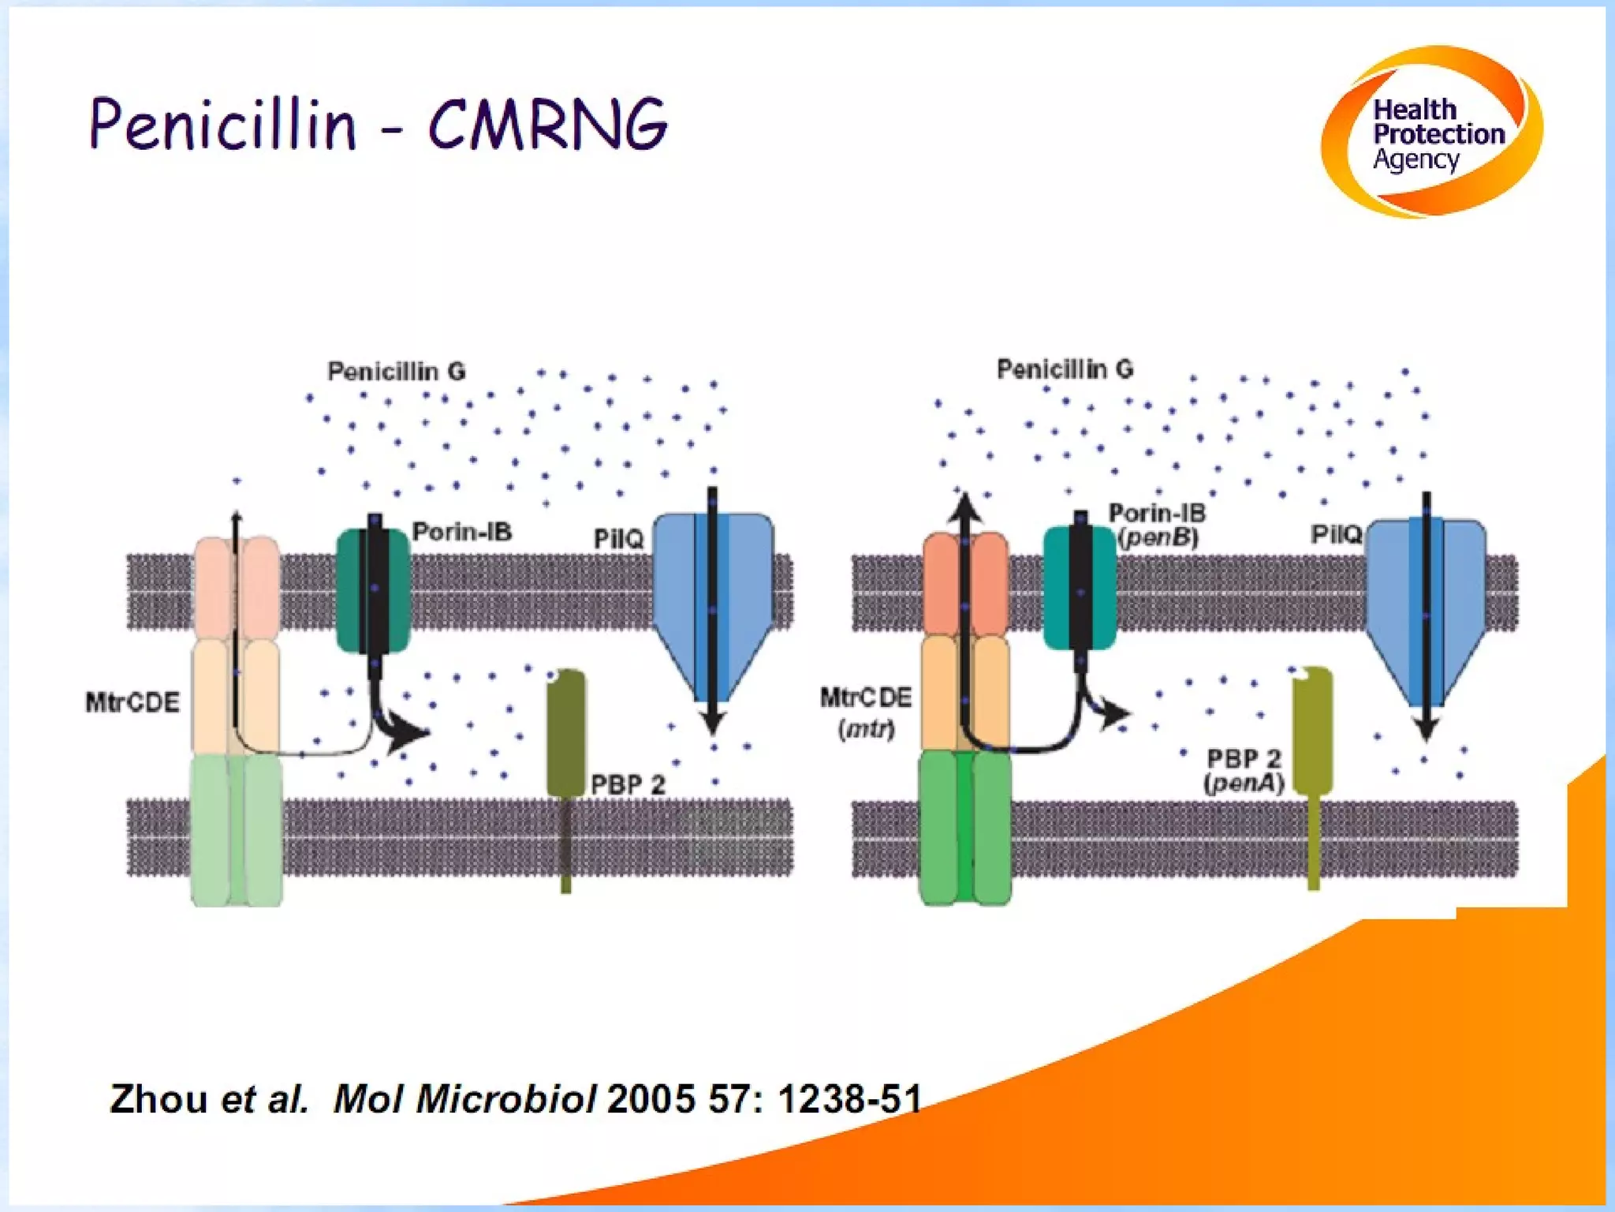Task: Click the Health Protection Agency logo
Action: [1431, 132]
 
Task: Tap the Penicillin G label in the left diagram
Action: [396, 371]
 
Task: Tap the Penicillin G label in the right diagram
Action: [1065, 368]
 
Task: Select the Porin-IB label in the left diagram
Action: [462, 532]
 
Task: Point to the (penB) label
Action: [1158, 538]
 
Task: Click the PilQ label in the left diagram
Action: [618, 539]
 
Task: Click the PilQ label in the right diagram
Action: [1336, 534]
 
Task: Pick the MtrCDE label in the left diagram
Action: [132, 701]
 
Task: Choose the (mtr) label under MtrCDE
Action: [867, 728]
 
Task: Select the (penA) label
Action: [1244, 783]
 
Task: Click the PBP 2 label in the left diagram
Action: [628, 784]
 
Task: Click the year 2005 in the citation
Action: [651, 1098]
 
